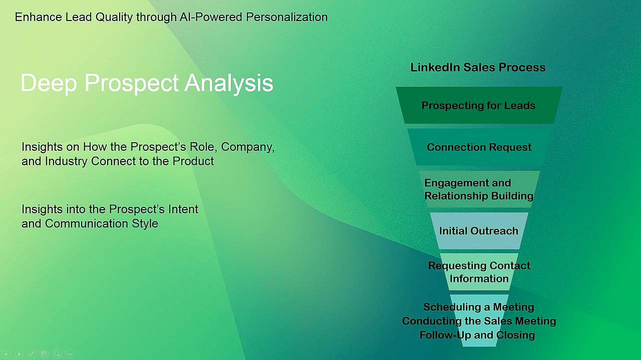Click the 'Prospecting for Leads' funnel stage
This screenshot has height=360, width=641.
(x=478, y=106)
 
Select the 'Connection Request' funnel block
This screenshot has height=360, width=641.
(x=479, y=147)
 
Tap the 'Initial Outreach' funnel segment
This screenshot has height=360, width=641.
(x=478, y=231)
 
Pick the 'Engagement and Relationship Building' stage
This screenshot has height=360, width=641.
(x=479, y=189)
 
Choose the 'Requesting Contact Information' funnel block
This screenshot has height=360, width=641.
(x=479, y=272)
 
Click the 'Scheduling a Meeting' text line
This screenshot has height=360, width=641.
(x=478, y=307)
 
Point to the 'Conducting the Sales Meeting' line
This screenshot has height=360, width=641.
(x=479, y=321)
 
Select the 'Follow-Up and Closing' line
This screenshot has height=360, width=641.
(x=477, y=335)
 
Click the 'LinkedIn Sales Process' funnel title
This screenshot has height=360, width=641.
(x=478, y=68)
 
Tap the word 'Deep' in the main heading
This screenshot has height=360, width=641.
(x=49, y=83)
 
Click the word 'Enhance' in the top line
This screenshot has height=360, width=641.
(x=39, y=17)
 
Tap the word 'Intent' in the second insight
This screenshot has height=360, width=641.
(x=183, y=209)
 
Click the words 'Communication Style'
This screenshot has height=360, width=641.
(x=102, y=223)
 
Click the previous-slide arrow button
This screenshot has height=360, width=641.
(x=7, y=354)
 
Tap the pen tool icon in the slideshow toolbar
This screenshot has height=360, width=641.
(x=32, y=354)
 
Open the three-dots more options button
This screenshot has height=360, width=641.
(x=70, y=354)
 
